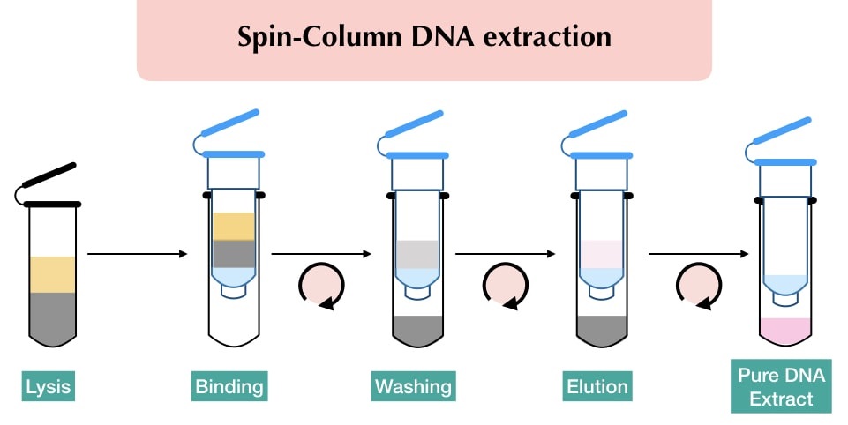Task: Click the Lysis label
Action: coord(48,386)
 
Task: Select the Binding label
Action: coord(229,386)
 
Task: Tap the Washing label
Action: coord(413,386)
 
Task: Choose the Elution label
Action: coord(598,386)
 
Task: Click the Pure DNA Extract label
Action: coord(781,386)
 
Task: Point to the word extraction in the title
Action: coord(553,38)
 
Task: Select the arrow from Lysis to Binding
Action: coord(138,255)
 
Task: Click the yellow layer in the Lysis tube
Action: coord(53,274)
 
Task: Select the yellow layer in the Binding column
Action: coord(234,226)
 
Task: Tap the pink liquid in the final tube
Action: coord(784,329)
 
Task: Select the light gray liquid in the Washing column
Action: coord(418,254)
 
